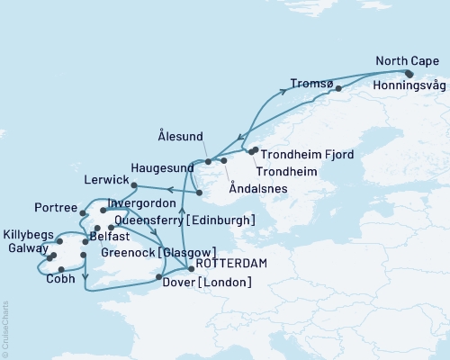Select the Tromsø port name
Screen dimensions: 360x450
pyautogui.click(x=312, y=84)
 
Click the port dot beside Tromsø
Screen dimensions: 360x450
pyautogui.click(x=338, y=88)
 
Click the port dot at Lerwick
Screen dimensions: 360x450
pyautogui.click(x=133, y=186)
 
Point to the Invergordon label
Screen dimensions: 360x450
pyautogui.click(x=139, y=203)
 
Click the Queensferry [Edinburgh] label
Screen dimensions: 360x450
pyautogui.click(x=184, y=220)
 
